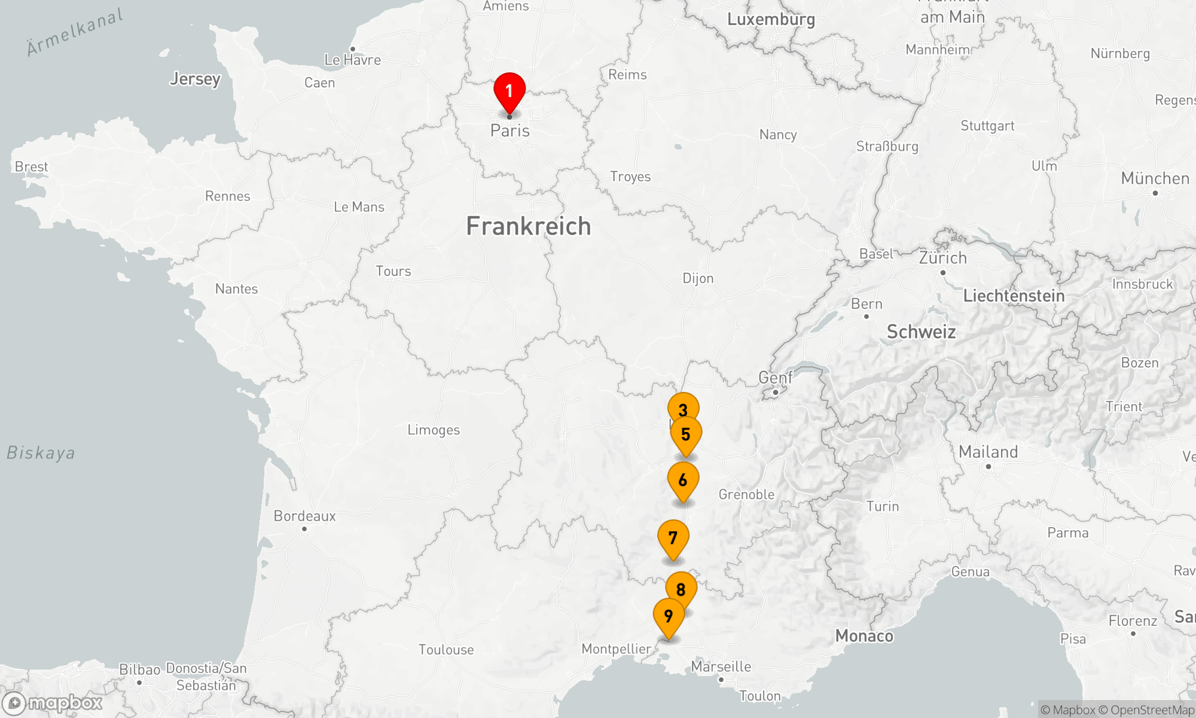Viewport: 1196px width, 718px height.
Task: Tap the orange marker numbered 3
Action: pos(683,408)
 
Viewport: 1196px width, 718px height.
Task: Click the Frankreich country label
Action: pos(529,226)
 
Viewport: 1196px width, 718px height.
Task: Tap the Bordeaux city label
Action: pos(305,516)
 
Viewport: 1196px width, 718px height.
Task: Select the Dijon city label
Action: pos(698,278)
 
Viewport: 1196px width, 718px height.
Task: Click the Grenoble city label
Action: pos(746,494)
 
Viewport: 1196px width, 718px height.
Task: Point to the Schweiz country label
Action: pos(921,331)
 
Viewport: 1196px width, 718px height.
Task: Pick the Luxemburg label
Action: pos(771,19)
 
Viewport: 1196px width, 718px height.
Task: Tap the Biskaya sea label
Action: pos(41,453)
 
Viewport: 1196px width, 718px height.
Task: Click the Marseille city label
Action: pos(721,667)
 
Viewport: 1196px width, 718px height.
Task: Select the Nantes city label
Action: pos(237,289)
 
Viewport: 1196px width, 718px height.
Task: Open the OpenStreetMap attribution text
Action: pos(1152,710)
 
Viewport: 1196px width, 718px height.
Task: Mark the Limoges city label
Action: pos(434,430)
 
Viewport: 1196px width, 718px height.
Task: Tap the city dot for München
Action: pos(1155,193)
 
